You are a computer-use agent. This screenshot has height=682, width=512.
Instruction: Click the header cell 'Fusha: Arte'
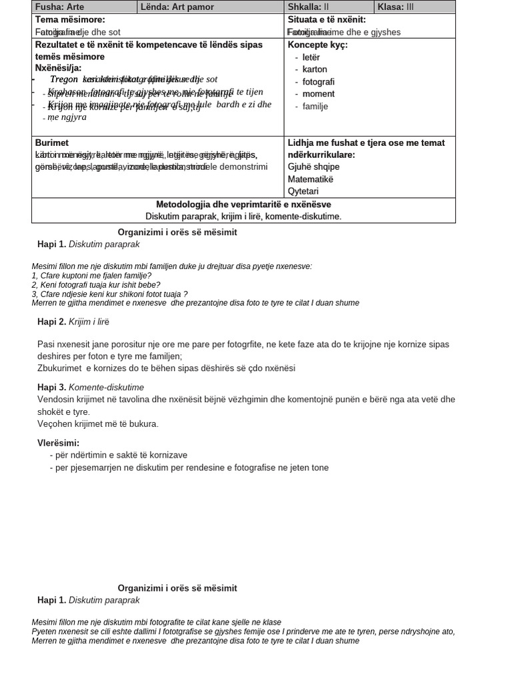click(60, 7)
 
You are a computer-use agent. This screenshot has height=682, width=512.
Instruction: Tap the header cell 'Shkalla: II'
click(308, 7)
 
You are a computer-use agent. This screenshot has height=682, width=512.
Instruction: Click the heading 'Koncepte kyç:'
click(317, 45)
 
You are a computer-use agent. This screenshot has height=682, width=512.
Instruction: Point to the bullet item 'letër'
click(311, 57)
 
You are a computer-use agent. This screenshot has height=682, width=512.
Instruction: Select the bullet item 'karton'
click(315, 69)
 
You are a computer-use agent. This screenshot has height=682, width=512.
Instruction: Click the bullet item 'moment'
click(318, 94)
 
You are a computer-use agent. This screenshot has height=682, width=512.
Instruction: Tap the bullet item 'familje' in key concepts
click(315, 107)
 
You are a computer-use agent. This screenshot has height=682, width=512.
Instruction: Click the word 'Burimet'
click(52, 143)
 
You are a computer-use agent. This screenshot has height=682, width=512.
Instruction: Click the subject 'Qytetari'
click(303, 192)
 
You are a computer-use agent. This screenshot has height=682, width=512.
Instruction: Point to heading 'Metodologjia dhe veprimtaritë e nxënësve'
click(243, 204)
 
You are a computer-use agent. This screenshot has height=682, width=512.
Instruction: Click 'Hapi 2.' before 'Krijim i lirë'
click(52, 322)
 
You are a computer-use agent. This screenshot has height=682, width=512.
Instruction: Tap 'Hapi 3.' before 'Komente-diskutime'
click(52, 387)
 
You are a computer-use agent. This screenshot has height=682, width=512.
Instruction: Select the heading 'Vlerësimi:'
click(58, 443)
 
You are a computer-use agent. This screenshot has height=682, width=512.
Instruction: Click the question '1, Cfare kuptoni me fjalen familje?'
click(91, 276)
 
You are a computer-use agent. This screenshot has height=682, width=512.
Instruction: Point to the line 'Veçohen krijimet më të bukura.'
click(98, 424)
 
